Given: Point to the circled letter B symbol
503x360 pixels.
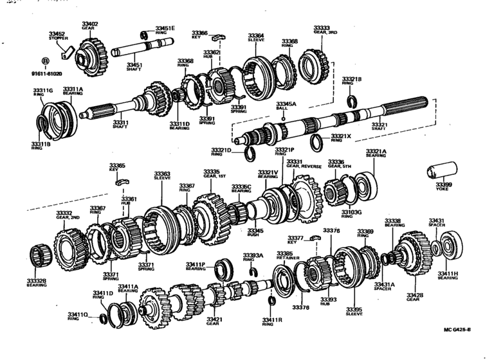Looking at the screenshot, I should pyautogui.click(x=45, y=62).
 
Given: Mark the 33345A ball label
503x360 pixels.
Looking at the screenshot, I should pyautogui.click(x=286, y=105).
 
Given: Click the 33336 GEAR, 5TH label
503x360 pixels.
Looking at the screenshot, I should pyautogui.click(x=336, y=163).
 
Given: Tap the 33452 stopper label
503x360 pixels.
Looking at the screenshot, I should pyautogui.click(x=57, y=35).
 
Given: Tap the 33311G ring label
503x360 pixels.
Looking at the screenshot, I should pyautogui.click(x=43, y=91).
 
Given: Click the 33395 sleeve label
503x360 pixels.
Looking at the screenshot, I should pyautogui.click(x=354, y=311).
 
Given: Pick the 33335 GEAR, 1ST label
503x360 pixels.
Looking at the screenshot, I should pyautogui.click(x=212, y=174).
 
